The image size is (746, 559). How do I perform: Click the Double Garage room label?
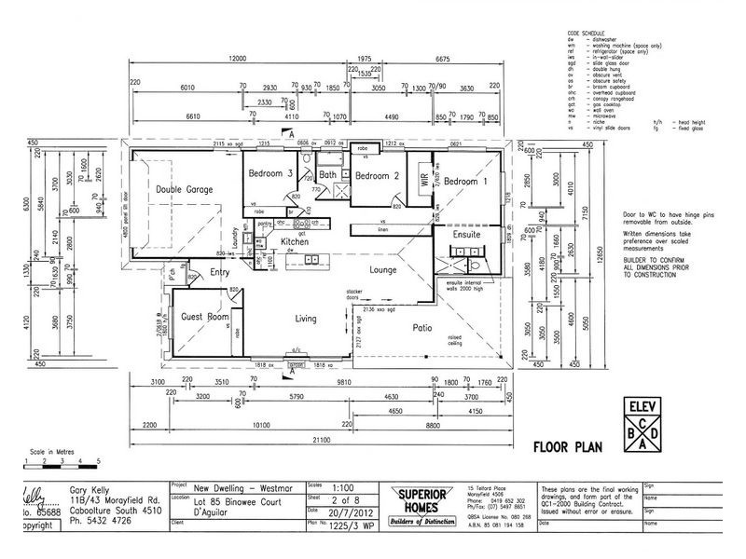point(186,189)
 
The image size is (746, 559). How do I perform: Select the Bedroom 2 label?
point(377,175)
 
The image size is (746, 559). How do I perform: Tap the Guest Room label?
point(204,317)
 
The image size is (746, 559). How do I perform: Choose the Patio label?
point(426,327)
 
